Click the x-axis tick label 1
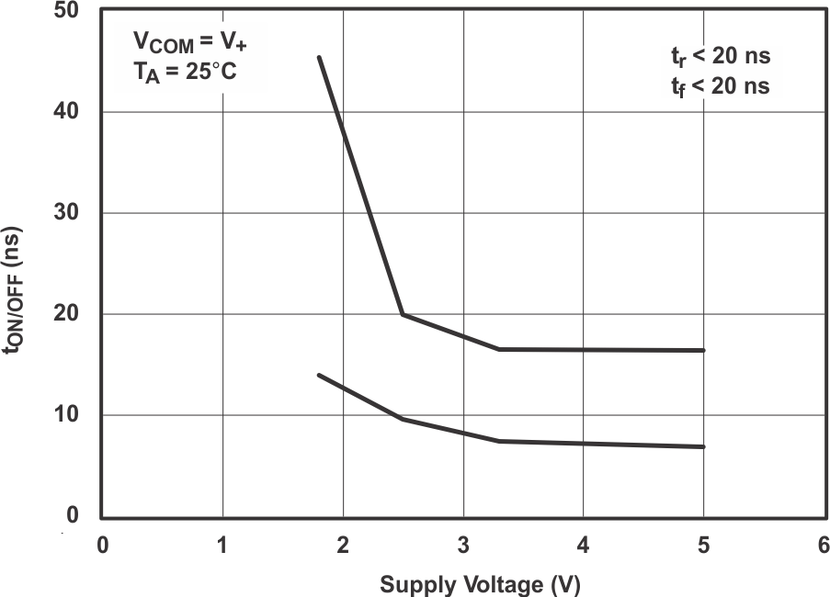pyautogui.click(x=222, y=545)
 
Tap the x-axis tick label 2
pyautogui.click(x=343, y=545)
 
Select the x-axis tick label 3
pyautogui.click(x=463, y=545)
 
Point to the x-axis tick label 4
pyautogui.click(x=583, y=545)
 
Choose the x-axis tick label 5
pyautogui.click(x=703, y=545)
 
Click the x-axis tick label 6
pyautogui.click(x=823, y=545)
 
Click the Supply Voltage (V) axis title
pyautogui.click(x=481, y=584)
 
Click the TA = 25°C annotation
pyautogui.click(x=185, y=70)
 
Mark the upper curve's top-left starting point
pyautogui.click(x=319, y=57)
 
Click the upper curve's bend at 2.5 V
pyautogui.click(x=403, y=314)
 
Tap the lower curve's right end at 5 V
pyautogui.click(x=703, y=446)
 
